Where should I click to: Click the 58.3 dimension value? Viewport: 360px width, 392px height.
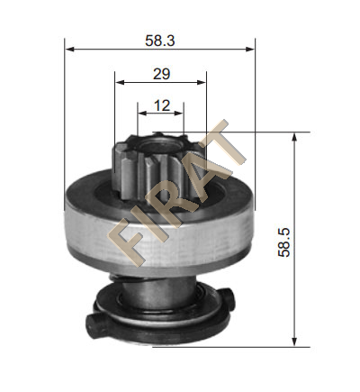pos(159,41)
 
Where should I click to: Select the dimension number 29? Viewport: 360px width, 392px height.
pos(161,74)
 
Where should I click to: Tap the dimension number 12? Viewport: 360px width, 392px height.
pos(162,105)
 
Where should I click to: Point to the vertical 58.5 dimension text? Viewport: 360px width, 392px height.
pos(284,242)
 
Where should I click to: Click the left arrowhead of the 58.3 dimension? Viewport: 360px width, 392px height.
pos(69,49)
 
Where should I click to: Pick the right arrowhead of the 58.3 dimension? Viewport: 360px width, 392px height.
pos(250,49)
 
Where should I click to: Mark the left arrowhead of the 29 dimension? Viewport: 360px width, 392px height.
pos(120,82)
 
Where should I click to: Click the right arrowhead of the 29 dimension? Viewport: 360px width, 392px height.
pos(202,82)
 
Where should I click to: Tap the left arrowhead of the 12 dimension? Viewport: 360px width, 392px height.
pos(142,114)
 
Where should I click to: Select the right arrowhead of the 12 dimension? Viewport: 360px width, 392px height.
pos(178,114)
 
